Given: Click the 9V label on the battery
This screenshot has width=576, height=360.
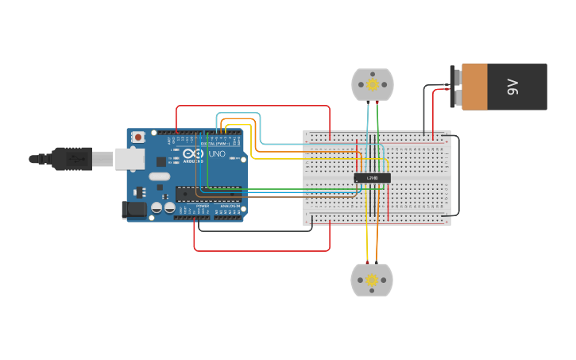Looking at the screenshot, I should pyautogui.click(x=512, y=87).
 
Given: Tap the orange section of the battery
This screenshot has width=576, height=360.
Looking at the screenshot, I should pyautogui.click(x=474, y=87).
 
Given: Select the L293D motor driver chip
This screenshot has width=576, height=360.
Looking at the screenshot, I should pyautogui.click(x=372, y=178).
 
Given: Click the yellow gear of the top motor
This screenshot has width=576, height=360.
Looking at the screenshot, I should pyautogui.click(x=372, y=84).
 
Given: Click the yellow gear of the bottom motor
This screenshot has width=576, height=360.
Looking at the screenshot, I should pyautogui.click(x=372, y=280).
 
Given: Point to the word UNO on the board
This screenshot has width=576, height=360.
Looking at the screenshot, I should pyautogui.click(x=217, y=153).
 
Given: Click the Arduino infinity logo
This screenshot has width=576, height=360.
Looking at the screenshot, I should pyautogui.click(x=193, y=153).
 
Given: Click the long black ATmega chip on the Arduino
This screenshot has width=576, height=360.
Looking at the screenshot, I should pyautogui.click(x=208, y=192).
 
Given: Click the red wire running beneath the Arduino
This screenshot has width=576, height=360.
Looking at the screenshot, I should pyautogui.click(x=262, y=251).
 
